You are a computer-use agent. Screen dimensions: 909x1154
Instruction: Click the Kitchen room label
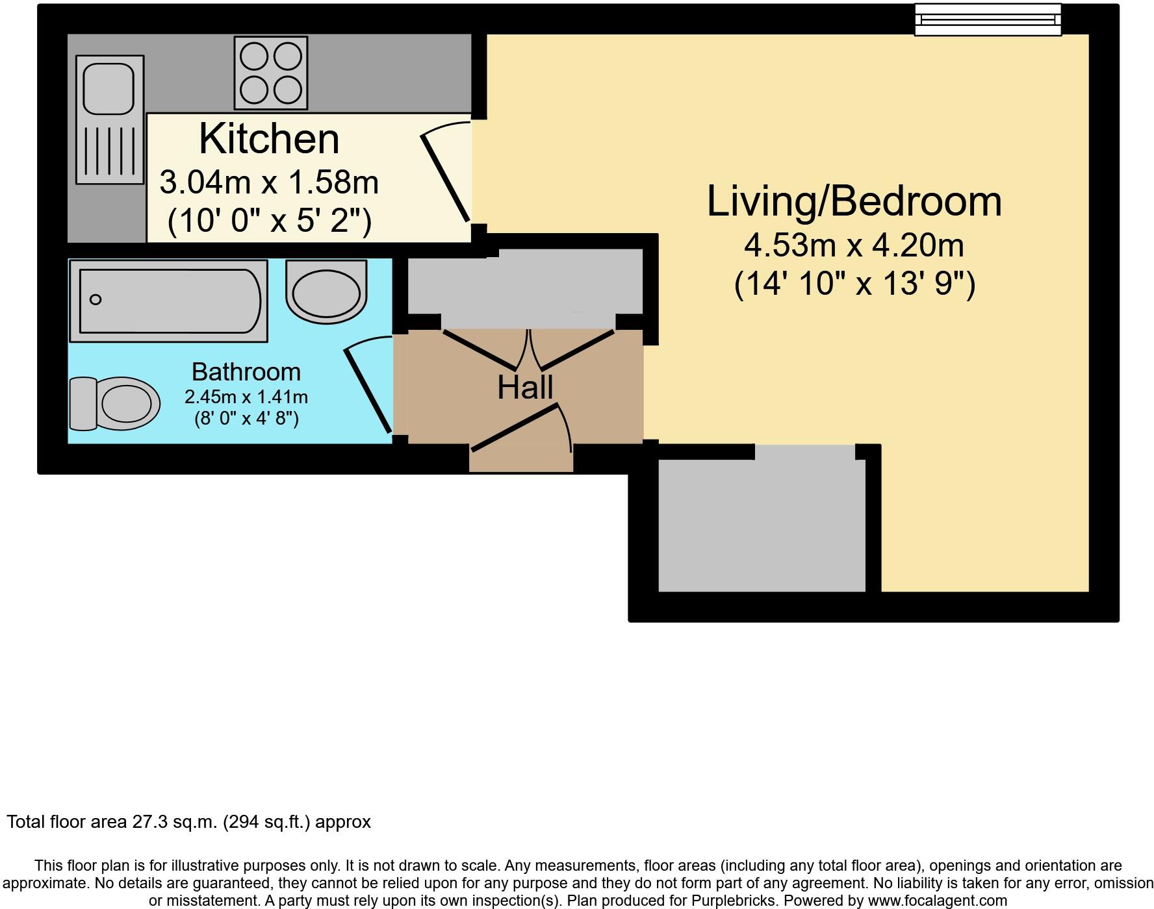[x=269, y=138]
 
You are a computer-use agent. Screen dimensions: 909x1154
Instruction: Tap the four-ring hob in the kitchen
[x=270, y=73]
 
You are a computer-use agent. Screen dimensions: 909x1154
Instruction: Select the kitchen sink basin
[x=109, y=85]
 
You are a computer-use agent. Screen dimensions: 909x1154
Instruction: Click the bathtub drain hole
[x=96, y=299]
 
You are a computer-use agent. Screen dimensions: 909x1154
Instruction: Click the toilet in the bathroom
[x=116, y=403]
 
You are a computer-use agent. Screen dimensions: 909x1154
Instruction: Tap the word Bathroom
[x=246, y=372]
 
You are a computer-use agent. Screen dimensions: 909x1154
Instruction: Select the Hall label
[x=525, y=387]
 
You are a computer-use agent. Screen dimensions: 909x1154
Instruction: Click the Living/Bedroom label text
[x=854, y=201]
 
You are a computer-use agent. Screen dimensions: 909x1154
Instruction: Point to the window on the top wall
[x=988, y=19]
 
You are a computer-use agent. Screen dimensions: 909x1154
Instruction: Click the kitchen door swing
[x=447, y=177]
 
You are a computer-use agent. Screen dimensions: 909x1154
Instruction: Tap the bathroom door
[x=368, y=388]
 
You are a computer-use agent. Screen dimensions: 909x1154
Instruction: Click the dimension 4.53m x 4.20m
[x=854, y=245]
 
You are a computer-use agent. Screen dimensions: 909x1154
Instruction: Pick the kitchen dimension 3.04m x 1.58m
[x=269, y=182]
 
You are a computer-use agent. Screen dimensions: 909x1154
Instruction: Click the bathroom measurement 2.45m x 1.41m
[x=246, y=397]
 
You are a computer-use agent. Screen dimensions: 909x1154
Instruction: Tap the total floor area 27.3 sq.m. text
[x=188, y=822]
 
